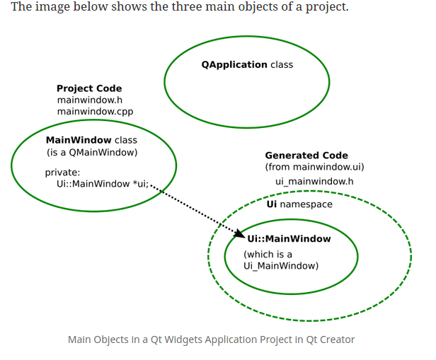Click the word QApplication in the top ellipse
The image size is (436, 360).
point(234,64)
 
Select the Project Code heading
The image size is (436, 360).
point(89,88)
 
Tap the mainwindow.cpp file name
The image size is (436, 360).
point(95,111)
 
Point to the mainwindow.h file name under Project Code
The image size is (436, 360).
point(90,100)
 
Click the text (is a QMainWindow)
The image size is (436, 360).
point(92,152)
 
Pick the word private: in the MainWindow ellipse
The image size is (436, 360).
point(62,172)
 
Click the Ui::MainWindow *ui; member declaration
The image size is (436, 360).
point(103,183)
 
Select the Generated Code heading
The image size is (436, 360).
point(306,156)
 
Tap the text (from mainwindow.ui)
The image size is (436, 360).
point(314,167)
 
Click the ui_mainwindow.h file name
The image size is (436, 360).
point(314,182)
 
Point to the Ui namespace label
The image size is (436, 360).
point(299,204)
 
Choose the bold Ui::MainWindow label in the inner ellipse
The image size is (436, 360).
point(289,239)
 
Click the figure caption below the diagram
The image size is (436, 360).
point(211,339)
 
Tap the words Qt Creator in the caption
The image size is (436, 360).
point(330,339)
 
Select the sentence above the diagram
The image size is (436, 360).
point(180,8)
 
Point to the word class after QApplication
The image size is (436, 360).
point(282,64)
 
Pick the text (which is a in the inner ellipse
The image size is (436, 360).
point(268,254)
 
